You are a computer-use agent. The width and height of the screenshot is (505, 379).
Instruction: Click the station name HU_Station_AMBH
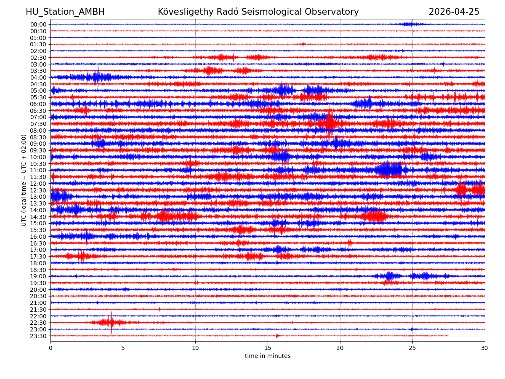pyautogui.click(x=65, y=12)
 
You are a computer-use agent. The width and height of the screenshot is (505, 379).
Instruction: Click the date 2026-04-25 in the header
pyautogui.click(x=454, y=12)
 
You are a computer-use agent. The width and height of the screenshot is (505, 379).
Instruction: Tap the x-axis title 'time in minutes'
pyautogui.click(x=268, y=356)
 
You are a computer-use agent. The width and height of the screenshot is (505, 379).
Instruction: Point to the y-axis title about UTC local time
pyautogui.click(x=24, y=180)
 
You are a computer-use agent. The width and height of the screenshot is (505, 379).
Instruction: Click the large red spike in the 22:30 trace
pyautogui.click(x=112, y=322)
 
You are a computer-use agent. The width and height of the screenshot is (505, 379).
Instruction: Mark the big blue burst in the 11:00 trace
pyautogui.click(x=389, y=170)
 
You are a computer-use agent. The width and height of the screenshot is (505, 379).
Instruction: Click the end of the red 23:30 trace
pyautogui.click(x=448, y=336)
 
